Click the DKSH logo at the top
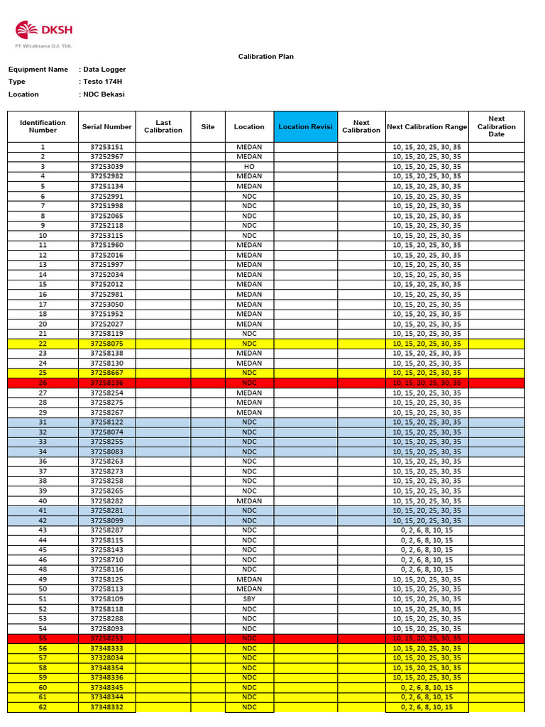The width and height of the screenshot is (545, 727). [x=44, y=31]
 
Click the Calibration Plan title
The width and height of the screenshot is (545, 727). [x=265, y=57]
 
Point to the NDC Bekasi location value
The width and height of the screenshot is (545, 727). [x=104, y=94]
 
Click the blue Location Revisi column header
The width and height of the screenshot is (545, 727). [x=305, y=127]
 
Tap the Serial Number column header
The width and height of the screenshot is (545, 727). [x=106, y=127]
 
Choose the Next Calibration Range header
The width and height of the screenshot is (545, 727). [x=426, y=127]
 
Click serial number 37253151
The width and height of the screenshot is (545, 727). [x=106, y=147]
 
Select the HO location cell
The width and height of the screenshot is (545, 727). [x=249, y=166]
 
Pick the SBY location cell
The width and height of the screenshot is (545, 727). [x=249, y=599]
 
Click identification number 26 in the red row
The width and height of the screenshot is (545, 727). [x=43, y=383]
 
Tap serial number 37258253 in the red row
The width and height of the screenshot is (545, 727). [x=106, y=638]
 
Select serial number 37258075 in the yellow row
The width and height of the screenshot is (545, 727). [x=106, y=344]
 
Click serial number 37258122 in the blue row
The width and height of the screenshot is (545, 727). [x=106, y=422]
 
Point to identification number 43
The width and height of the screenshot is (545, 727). [x=43, y=530]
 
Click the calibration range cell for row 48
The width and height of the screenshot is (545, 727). [x=426, y=569]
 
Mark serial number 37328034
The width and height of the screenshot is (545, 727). [x=106, y=658]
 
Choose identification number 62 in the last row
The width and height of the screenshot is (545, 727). [x=43, y=707]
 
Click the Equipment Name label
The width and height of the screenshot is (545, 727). [x=38, y=70]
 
